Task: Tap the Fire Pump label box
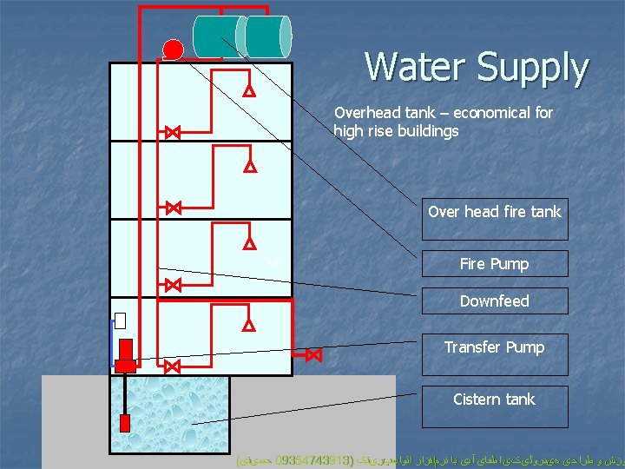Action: (495, 263)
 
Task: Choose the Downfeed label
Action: (495, 301)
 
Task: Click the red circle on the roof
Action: (173, 50)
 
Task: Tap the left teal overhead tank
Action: (217, 36)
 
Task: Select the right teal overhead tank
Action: (268, 36)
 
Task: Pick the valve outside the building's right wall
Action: (313, 355)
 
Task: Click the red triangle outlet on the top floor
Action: (248, 90)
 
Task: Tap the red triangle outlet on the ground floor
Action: (248, 326)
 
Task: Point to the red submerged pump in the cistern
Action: (124, 423)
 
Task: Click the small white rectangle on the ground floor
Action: (120, 320)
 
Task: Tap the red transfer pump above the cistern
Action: (125, 353)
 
